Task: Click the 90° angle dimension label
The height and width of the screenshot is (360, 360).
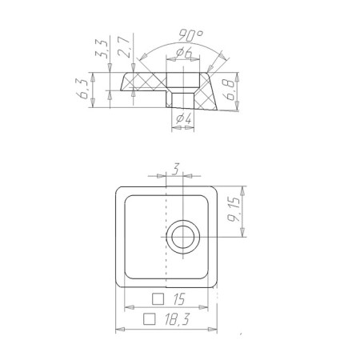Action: point(190,35)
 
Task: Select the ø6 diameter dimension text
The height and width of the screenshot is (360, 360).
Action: point(184,54)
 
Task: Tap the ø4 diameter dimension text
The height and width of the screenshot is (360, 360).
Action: point(184,118)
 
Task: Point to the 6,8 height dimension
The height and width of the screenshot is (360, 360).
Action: point(230,90)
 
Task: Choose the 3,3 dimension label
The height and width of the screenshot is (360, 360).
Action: point(102,49)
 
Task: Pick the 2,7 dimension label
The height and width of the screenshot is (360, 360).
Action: point(124,47)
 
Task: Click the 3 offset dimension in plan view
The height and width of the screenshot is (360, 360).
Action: point(175,169)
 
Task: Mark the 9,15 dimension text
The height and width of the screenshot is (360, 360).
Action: point(234,210)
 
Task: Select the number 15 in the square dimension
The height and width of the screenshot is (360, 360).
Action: point(178,299)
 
